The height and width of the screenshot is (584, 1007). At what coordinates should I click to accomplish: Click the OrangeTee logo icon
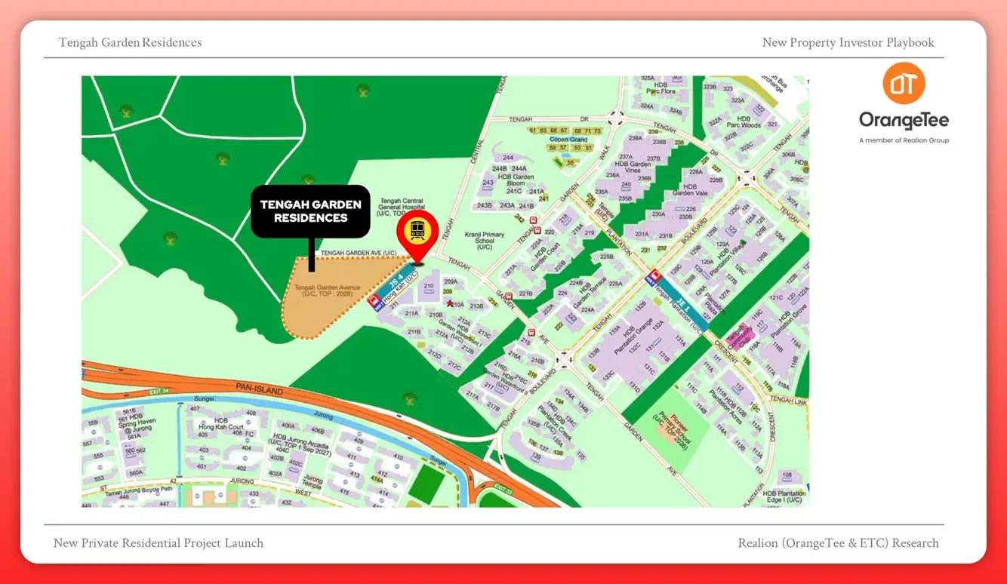pos(904,84)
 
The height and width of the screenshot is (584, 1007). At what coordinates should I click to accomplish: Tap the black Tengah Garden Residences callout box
pos(310,211)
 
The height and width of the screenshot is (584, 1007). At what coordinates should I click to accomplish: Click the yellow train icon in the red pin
pos(417,231)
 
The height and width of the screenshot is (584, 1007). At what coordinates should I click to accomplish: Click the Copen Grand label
pos(568,140)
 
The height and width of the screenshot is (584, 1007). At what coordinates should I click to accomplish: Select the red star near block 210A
pos(451,303)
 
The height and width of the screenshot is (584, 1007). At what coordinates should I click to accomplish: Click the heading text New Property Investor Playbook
pos(848,42)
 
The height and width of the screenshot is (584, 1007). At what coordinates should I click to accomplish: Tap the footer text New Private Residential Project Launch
pos(159,543)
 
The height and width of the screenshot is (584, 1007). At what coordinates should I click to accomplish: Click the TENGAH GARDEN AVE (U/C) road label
pos(359,253)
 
